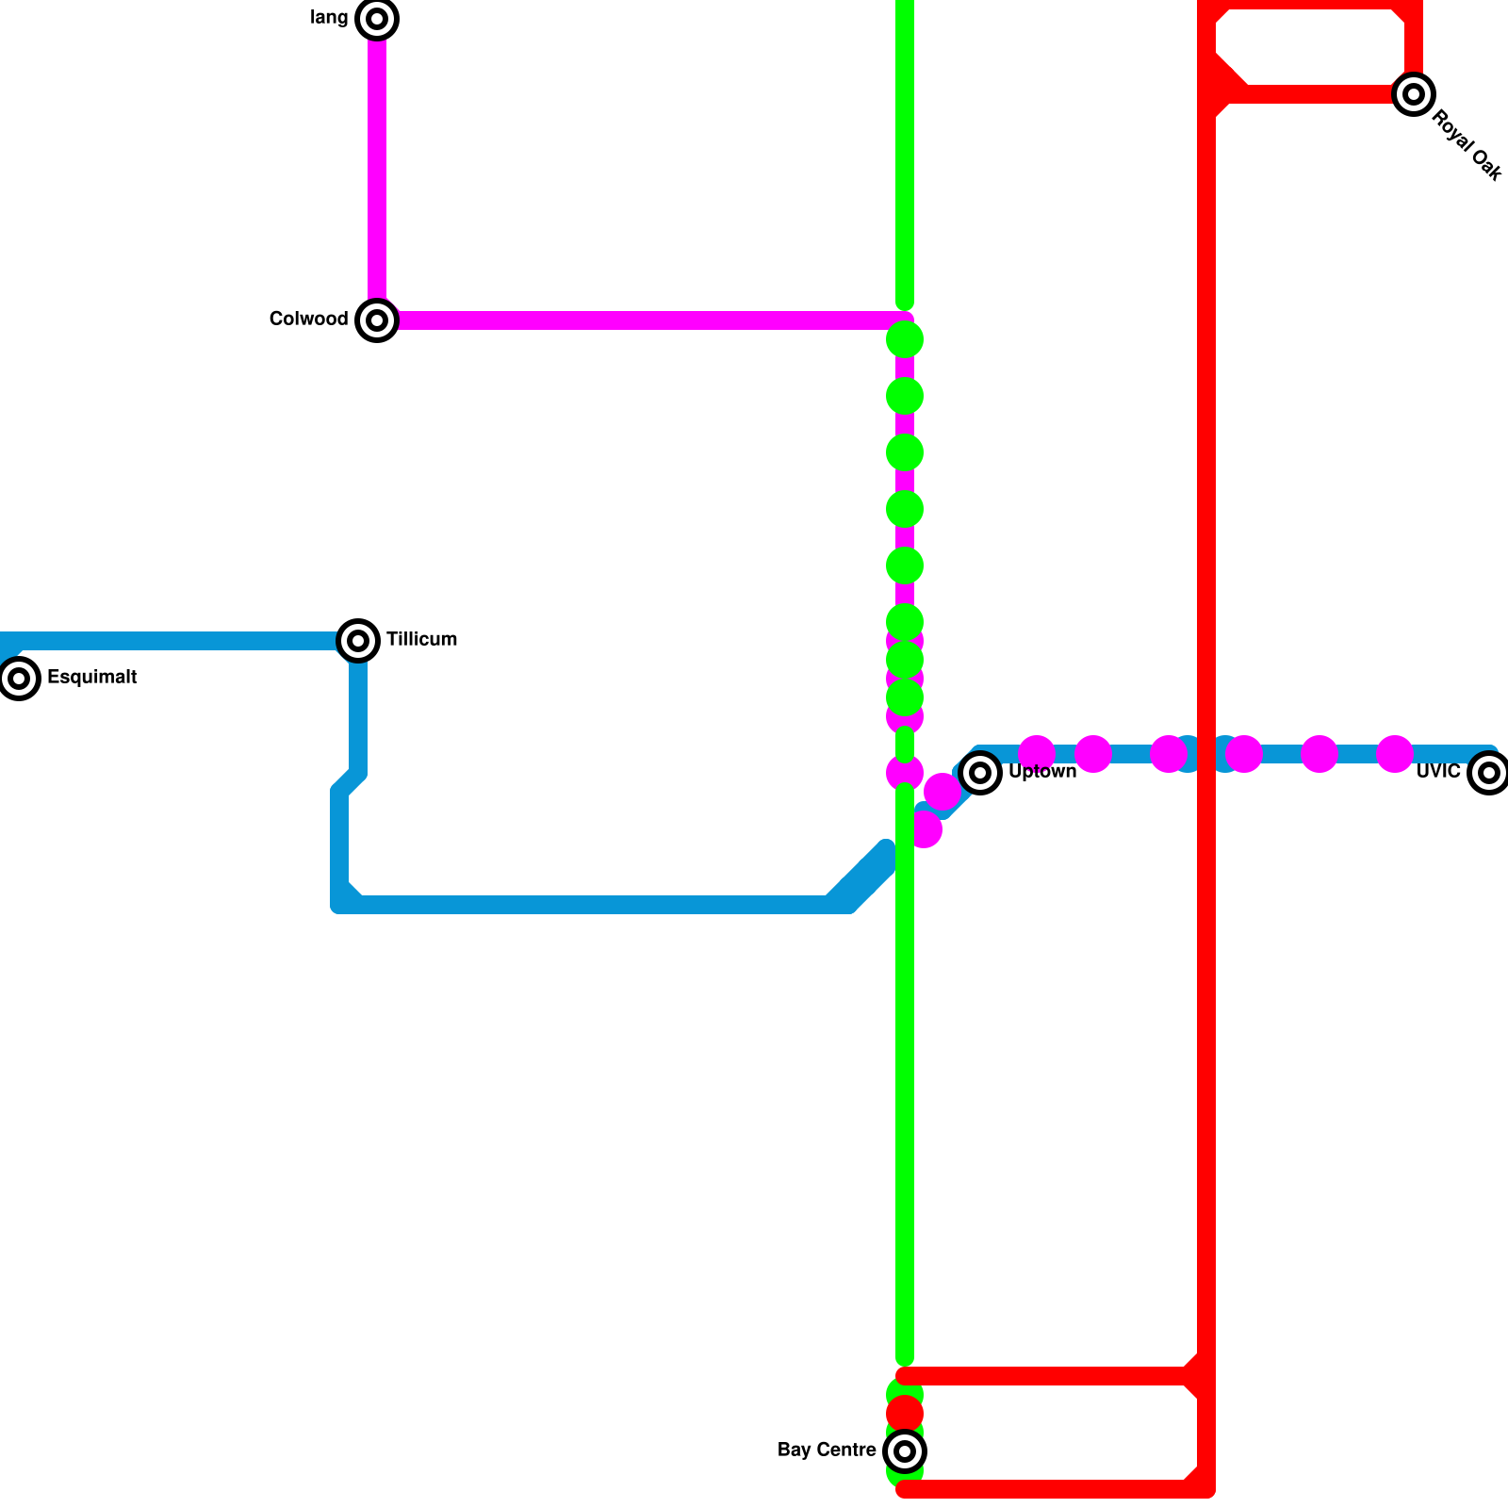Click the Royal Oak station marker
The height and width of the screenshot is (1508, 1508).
pos(1413,94)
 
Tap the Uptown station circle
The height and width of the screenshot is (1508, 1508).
pos(980,773)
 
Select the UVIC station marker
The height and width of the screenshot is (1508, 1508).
pos(1488,773)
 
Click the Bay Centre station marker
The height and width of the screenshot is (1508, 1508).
pos(905,1451)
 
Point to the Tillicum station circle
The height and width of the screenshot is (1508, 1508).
pos(358,641)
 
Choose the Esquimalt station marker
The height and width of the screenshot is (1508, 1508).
pos(19,679)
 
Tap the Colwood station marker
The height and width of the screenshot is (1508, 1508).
pos(377,320)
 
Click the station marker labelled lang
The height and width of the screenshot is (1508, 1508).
pos(377,19)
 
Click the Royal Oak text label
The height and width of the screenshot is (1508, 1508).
pos(1466,146)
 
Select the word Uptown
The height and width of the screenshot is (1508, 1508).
pos(1041,772)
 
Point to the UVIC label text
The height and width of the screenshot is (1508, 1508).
pos(1438,772)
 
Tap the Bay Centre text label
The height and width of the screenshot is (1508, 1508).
pos(827,1451)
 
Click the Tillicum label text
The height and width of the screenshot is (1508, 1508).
pos(421,640)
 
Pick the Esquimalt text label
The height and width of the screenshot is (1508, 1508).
pos(91,678)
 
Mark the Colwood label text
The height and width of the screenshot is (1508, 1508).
pos(308,320)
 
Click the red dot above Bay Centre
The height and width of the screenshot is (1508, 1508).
pos(905,1413)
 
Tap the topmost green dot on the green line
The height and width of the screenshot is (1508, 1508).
pos(905,339)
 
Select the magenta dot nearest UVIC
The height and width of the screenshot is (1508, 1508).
pos(1395,754)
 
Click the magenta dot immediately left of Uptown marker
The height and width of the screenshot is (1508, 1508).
pos(942,792)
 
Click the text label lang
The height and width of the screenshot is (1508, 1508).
pos(329,18)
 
